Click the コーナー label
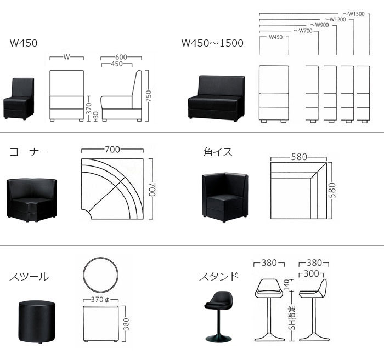pos(29,152)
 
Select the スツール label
pos(29,277)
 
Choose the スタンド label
pos(218,276)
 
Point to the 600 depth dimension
pos(122,57)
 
